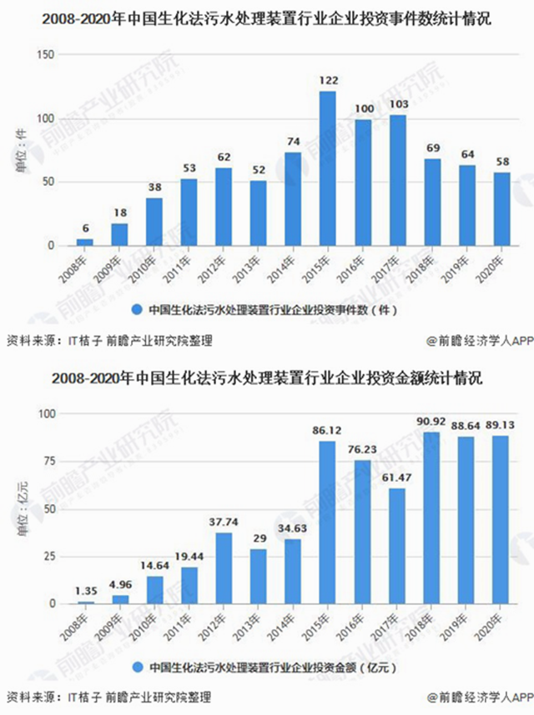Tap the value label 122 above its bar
pos(328,81)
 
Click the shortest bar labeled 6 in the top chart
pos(85,242)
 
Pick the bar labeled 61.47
pos(397,546)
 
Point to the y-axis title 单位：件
pos(23,150)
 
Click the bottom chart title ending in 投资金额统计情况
pos(266,379)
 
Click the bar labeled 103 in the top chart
pos(397,181)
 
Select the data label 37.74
pos(224,523)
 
